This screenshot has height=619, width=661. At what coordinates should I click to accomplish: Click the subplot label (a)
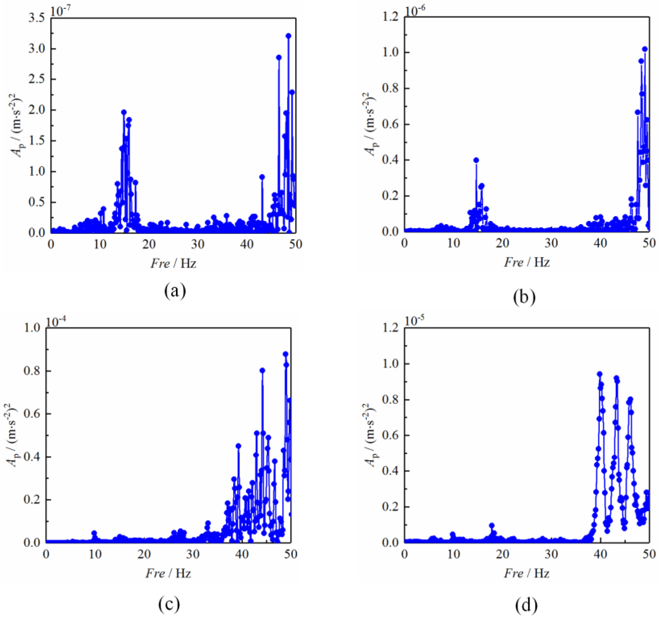coord(175,291)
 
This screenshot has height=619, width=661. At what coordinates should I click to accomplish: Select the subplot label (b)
coord(524,297)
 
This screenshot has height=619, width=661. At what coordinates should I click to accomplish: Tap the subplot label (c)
coord(169,604)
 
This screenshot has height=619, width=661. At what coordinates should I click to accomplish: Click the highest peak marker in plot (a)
coord(288,36)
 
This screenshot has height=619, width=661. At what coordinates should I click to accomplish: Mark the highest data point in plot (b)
coord(645,49)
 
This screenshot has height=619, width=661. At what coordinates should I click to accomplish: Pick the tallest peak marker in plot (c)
coord(285,354)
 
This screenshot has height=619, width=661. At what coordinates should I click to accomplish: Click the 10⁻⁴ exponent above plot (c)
coord(56,322)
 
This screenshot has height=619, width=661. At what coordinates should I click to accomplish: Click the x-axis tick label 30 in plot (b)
coord(551,243)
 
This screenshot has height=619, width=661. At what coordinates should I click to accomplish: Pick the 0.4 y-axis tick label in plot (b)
coord(390,160)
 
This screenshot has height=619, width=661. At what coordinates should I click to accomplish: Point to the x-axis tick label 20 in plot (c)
coord(144,554)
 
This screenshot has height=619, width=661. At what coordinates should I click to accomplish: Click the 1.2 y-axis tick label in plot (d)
coord(390,328)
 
